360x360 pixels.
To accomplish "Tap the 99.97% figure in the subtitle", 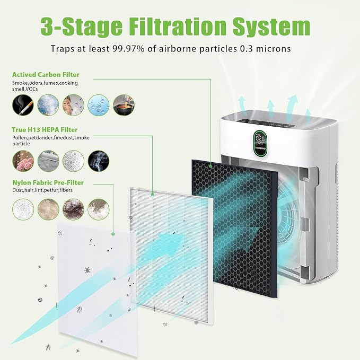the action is (128, 49).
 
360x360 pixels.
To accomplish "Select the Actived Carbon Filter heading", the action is (46, 75).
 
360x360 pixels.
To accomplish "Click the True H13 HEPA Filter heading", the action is (45, 130).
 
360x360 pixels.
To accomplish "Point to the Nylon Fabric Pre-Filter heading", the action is (48, 182).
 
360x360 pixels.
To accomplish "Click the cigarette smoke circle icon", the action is (23, 105).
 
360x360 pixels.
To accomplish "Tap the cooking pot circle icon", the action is (124, 105).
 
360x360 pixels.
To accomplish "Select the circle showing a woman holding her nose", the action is (73, 105).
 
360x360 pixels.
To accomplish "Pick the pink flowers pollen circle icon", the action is (23, 161).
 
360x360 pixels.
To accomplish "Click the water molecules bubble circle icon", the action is (99, 105).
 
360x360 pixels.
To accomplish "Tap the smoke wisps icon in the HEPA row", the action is (99, 161).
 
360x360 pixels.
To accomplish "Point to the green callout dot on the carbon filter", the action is (210, 166).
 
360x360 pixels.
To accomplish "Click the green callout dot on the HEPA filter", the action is (153, 195).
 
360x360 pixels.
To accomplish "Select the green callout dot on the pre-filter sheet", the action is (113, 234).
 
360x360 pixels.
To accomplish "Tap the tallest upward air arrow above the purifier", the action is (292, 106).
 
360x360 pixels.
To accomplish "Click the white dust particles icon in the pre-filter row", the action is (23, 209).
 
